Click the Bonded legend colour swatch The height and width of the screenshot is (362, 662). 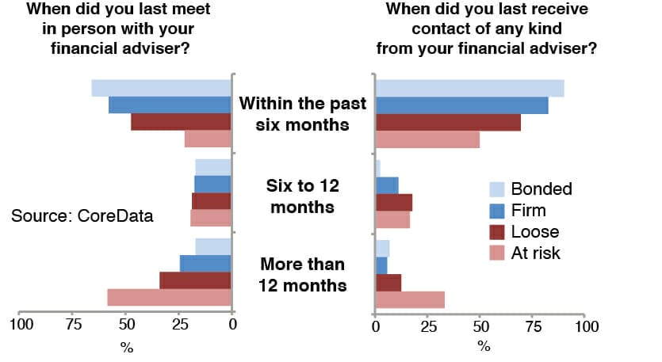pyautogui.click(x=496, y=189)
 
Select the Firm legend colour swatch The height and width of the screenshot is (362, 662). pyautogui.click(x=496, y=211)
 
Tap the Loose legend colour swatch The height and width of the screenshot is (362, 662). pyautogui.click(x=496, y=232)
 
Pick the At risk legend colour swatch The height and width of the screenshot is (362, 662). pyautogui.click(x=496, y=253)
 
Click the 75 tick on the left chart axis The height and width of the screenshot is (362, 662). pyautogui.click(x=73, y=324)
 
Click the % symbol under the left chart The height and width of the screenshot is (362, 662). pyautogui.click(x=126, y=347)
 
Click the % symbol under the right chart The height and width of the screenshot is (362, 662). pyautogui.click(x=484, y=347)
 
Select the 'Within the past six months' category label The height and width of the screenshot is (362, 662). pyautogui.click(x=303, y=115)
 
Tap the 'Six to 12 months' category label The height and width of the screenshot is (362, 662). pyautogui.click(x=303, y=196)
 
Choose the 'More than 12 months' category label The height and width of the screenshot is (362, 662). pyautogui.click(x=303, y=275)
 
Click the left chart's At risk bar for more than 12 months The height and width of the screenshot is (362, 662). pyautogui.click(x=169, y=298)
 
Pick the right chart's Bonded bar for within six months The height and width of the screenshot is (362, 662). pyautogui.click(x=469, y=88)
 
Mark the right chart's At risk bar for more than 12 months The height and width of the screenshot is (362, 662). pyautogui.click(x=410, y=299)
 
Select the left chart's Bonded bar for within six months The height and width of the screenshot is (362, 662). pyautogui.click(x=161, y=88)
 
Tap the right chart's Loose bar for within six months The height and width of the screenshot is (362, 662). pyautogui.click(x=448, y=123)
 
